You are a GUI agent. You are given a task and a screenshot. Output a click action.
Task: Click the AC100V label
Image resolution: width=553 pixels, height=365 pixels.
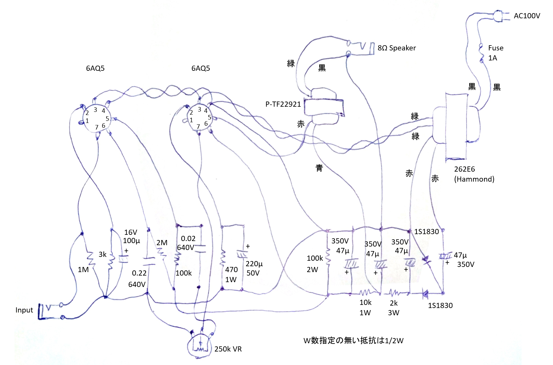[x=526, y=16]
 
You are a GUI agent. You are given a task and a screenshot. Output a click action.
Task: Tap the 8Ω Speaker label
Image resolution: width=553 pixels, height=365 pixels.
[x=396, y=48]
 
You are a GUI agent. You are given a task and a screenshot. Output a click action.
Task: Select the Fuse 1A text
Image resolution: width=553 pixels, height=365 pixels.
[x=495, y=53]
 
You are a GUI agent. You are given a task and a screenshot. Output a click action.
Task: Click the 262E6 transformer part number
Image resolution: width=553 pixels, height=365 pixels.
[x=464, y=169]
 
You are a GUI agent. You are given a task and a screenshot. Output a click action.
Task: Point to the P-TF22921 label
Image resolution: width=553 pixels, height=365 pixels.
[x=283, y=104]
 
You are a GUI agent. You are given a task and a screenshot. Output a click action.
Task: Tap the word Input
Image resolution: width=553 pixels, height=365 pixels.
[x=24, y=310]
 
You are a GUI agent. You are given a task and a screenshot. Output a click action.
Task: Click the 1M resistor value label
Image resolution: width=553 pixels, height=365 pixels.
[x=83, y=270]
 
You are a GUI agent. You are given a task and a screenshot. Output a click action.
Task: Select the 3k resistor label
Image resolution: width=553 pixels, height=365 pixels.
[x=102, y=254]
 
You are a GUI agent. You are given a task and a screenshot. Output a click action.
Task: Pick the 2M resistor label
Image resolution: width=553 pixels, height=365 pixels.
[x=162, y=243]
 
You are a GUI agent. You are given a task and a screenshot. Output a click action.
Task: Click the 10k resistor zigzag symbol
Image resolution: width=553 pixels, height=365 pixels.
[x=365, y=293]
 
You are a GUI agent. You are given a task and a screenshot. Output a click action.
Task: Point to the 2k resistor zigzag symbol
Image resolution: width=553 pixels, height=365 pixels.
[x=394, y=293]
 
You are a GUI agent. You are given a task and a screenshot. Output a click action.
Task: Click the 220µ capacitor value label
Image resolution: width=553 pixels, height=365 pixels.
[x=254, y=264]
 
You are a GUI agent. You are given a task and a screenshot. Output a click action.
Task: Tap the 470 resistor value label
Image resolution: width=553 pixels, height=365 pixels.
[x=231, y=270]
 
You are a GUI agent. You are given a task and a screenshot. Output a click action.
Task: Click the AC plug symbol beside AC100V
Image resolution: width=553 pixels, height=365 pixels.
[x=499, y=16]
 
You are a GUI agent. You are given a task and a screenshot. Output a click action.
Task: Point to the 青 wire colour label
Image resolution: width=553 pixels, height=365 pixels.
[x=319, y=168]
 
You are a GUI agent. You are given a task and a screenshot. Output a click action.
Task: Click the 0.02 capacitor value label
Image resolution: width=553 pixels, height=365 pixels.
[x=188, y=239]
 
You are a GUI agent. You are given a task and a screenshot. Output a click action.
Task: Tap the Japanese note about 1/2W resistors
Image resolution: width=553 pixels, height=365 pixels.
[x=353, y=340]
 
